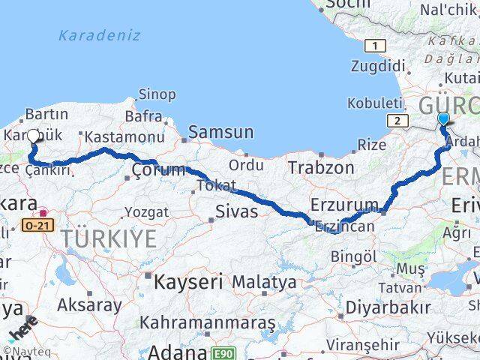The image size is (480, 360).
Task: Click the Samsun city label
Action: tap(220, 132)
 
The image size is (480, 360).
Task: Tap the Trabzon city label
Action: tap(324, 167)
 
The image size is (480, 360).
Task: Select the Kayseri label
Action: tap(188, 283)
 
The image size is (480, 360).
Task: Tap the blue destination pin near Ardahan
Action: tap(443, 120)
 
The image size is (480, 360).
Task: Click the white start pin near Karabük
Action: tap(33, 136)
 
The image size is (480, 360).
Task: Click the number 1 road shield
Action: tap(374, 46)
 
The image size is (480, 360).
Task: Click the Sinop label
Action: tap(157, 95)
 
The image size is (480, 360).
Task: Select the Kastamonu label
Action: tap(124, 137)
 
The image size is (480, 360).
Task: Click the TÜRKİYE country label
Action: tap(109, 240)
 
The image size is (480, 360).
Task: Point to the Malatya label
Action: tap(264, 283)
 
